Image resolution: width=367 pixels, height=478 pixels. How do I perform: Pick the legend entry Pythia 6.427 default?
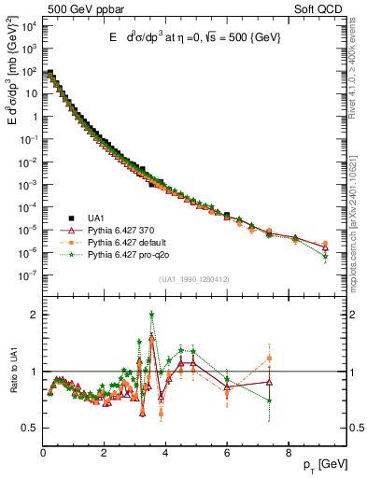tap(129, 240)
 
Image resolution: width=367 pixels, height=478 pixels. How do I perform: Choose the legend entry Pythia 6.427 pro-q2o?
tap(130, 252)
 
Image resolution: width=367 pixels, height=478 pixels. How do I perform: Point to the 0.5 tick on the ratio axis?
tap(31, 428)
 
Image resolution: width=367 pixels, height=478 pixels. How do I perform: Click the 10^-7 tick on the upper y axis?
tap(28, 274)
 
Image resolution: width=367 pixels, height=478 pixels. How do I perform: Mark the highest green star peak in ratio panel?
tap(151, 315)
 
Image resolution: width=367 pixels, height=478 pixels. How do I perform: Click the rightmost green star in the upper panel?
tap(325, 255)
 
